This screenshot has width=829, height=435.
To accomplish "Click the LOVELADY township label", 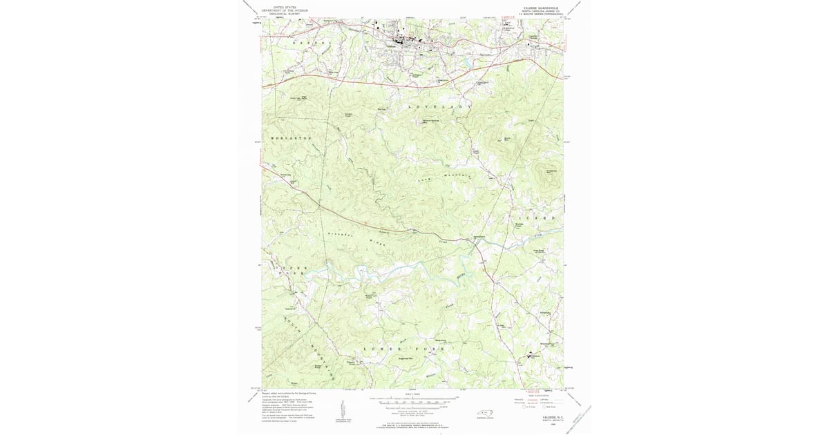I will tap(439, 108).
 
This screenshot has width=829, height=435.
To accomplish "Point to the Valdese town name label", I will tap(391, 46).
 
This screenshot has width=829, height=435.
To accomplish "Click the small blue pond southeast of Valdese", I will tap(467, 67).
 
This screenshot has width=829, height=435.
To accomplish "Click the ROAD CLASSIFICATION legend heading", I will tap(539, 395).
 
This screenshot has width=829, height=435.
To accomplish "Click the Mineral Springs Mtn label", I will tap(431, 122).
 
